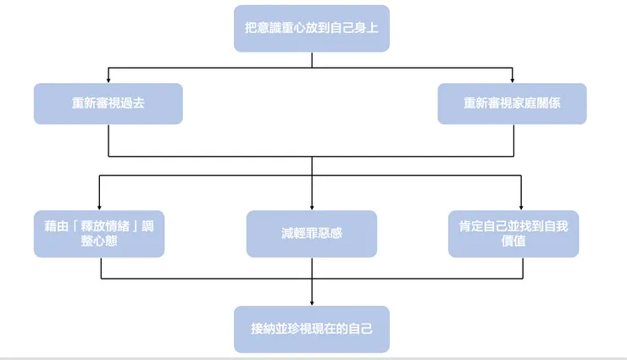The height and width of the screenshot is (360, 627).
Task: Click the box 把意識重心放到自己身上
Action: pos(312,28)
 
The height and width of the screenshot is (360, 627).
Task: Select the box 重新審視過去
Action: pos(108,103)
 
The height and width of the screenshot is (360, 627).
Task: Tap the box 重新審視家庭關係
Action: pos(512,103)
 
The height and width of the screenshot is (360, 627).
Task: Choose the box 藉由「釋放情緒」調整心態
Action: pos(99,234)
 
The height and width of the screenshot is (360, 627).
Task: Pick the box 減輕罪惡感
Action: pos(312,234)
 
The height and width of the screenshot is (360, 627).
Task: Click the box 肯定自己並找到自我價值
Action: pos(513,234)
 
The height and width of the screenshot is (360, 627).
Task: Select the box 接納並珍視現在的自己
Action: pos(312,329)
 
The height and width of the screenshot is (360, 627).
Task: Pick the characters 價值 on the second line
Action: pos(513,241)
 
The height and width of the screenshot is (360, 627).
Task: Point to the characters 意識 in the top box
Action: pos(270,28)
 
